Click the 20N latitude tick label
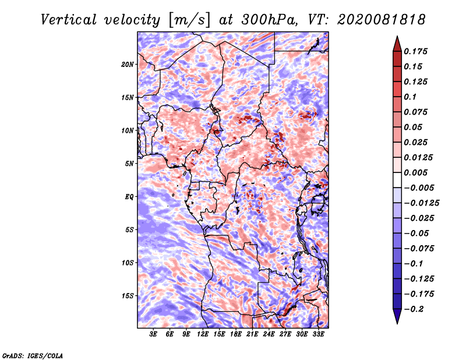pos(128,65)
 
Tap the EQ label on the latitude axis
pos(129,197)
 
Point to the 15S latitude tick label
pos(128,296)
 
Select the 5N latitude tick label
pos(129,164)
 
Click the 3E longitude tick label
pos(153,334)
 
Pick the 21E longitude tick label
pos(252,334)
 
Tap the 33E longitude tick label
pos(318,334)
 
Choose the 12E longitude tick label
pos(202,334)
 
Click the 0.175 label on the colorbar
pos(416,51)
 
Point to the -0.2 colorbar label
pos(414,309)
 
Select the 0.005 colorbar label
pos(416,172)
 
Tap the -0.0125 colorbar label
pos(422,203)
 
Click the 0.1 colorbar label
pos(410,97)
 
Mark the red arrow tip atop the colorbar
pos(397,37)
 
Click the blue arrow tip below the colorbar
pos(397,323)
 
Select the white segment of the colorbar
pos(397,180)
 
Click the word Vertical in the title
pos(69,20)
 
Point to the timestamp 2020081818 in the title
pos(382,20)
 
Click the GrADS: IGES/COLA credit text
pos(33,355)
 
